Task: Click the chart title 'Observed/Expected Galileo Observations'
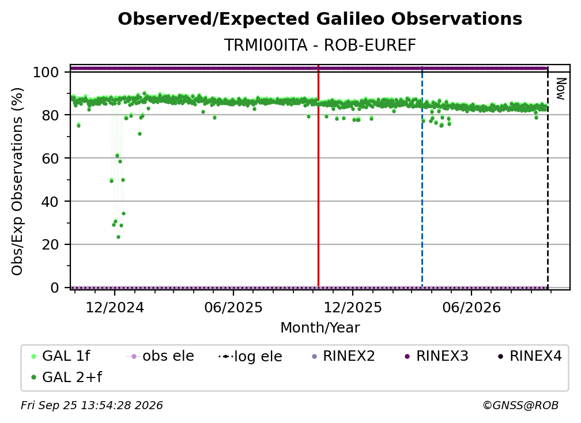(x=320, y=19)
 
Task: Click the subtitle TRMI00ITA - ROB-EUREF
(x=320, y=45)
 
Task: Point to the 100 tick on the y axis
(x=46, y=72)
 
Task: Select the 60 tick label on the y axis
(x=50, y=158)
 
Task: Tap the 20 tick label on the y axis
(x=50, y=244)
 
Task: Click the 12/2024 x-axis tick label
(x=115, y=307)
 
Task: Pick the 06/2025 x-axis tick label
(x=233, y=307)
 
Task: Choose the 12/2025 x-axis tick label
(x=353, y=307)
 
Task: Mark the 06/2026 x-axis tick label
(x=471, y=307)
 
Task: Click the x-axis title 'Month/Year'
(x=320, y=328)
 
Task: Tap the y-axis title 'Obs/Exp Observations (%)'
(x=17, y=181)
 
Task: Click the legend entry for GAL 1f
(x=61, y=356)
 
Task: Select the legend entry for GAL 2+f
(x=66, y=377)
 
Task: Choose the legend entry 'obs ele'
(x=160, y=356)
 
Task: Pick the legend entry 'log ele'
(x=250, y=356)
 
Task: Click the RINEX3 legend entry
(x=436, y=356)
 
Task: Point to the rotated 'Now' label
(x=561, y=89)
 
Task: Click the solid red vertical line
(x=318, y=176)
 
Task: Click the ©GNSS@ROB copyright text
(x=520, y=406)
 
